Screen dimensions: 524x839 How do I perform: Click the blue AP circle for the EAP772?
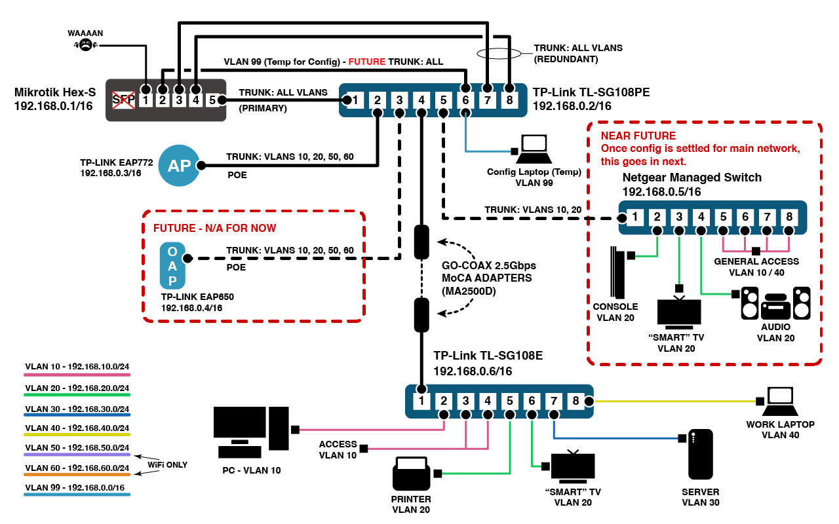click(x=178, y=166)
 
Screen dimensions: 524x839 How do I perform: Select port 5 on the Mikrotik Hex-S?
click(x=211, y=100)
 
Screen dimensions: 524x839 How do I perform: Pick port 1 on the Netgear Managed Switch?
click(x=635, y=216)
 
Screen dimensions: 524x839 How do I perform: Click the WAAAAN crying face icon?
click(x=85, y=45)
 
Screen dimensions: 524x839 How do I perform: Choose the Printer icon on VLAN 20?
click(x=411, y=474)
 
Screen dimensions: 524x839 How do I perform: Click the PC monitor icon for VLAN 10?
click(x=250, y=432)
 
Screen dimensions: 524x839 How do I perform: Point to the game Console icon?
click(x=617, y=272)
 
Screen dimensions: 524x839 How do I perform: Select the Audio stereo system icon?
click(x=775, y=303)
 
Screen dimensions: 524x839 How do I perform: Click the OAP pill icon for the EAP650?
click(x=172, y=265)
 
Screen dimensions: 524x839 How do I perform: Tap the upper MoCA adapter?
click(x=421, y=241)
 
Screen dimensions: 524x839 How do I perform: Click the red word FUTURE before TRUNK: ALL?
click(x=366, y=62)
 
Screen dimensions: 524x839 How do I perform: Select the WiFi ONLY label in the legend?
click(x=167, y=464)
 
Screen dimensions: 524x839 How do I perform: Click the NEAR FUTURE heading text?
click(x=638, y=136)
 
